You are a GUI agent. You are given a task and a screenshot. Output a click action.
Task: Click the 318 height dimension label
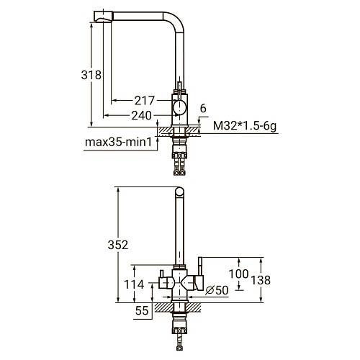click(x=91, y=75)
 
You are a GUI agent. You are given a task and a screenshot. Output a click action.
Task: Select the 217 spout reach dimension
click(x=144, y=101)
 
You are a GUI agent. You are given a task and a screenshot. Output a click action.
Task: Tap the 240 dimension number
click(x=142, y=116)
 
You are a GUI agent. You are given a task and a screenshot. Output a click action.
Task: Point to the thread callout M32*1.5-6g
click(x=245, y=126)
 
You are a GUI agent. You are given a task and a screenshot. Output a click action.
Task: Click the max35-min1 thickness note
click(x=119, y=142)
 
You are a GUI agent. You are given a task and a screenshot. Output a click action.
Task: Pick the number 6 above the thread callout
click(x=203, y=109)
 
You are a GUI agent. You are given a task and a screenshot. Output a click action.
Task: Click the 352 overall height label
click(x=118, y=245)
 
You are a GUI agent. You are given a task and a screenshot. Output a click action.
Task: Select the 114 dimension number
click(x=134, y=284)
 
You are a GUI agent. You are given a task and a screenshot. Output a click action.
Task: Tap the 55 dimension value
click(x=142, y=310)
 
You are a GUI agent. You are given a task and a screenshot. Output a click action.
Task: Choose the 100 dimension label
click(x=238, y=274)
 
